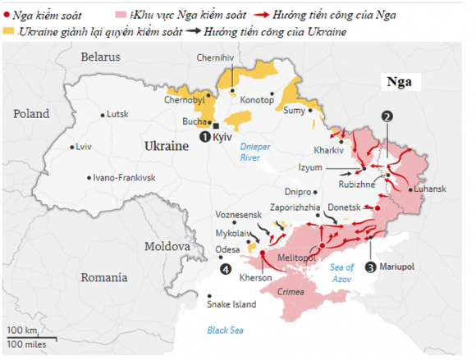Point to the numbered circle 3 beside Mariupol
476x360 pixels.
coord(371,267)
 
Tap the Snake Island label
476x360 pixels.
coord(231,306)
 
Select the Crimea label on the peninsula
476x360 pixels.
coord(291,292)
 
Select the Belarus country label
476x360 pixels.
coord(100,57)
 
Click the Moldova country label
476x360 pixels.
coord(167,246)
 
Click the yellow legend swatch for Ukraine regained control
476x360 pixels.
coord(9,31)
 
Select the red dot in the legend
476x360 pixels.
coord(7,15)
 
